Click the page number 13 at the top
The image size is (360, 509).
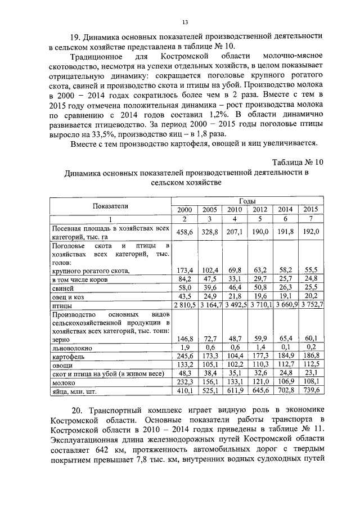click(x=184, y=22)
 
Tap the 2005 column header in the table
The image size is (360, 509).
click(x=209, y=210)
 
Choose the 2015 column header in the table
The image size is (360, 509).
click(x=310, y=210)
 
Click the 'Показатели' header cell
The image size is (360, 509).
click(x=111, y=206)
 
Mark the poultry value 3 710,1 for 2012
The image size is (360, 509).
click(x=260, y=305)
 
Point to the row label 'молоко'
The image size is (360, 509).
click(x=64, y=381)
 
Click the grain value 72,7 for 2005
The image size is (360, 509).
click(x=210, y=339)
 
